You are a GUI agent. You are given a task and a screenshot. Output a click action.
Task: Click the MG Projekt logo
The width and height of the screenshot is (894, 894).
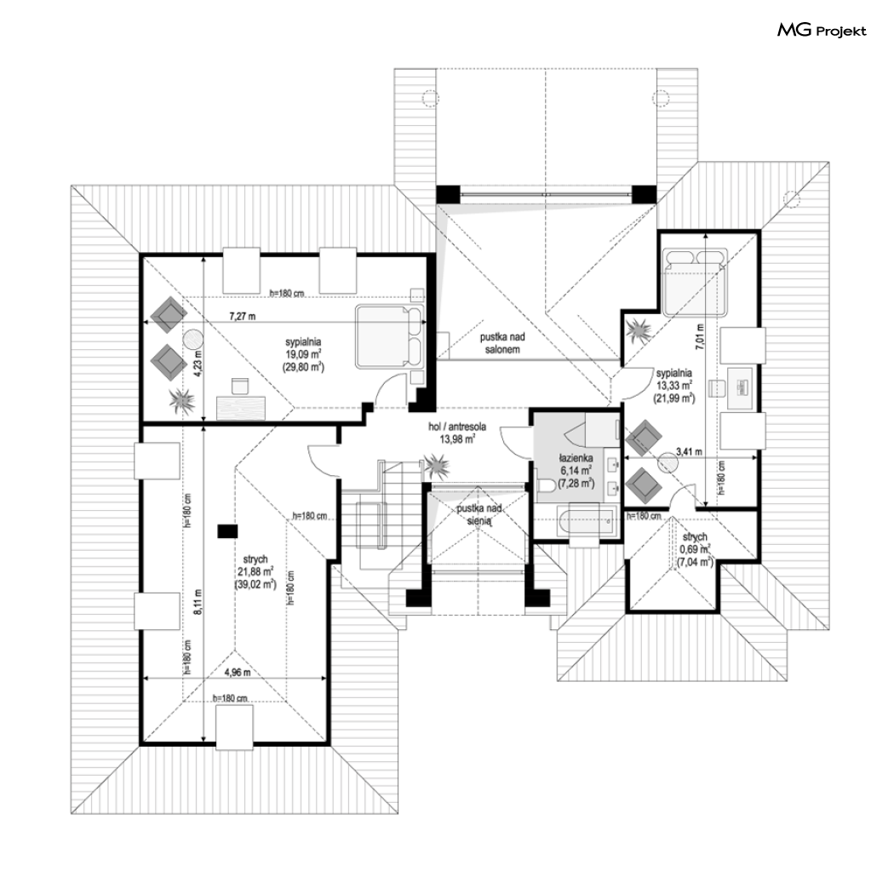tap(822, 30)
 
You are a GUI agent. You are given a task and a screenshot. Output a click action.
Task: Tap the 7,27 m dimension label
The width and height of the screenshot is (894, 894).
tap(243, 316)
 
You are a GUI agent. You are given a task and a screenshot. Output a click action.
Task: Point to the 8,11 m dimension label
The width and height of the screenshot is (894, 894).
tap(198, 600)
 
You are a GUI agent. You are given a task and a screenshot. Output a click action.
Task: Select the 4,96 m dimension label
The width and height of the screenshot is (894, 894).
tap(238, 673)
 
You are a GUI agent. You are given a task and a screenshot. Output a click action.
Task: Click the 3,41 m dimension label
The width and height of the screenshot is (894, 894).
tap(689, 452)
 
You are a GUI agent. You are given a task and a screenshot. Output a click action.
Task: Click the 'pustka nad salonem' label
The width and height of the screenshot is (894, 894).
tap(502, 344)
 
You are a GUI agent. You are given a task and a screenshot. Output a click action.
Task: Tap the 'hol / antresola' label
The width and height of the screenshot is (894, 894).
tap(457, 427)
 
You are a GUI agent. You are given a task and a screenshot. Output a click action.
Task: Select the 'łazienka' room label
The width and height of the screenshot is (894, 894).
tap(576, 458)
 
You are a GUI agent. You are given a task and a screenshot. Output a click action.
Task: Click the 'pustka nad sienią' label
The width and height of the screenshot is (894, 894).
tap(479, 513)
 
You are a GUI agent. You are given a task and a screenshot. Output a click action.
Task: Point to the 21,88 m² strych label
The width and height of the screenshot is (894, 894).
tap(255, 572)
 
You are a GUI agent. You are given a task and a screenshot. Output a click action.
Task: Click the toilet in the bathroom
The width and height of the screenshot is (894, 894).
tap(546, 486)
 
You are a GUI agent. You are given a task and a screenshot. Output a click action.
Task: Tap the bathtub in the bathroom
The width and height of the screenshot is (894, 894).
tap(587, 520)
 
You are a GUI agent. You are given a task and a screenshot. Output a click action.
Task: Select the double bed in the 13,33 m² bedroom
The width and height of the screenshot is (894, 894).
tap(695, 281)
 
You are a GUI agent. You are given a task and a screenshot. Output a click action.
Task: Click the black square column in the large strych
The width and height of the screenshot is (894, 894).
tap(227, 531)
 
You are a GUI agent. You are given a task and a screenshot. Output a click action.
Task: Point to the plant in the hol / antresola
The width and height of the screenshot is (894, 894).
tap(436, 465)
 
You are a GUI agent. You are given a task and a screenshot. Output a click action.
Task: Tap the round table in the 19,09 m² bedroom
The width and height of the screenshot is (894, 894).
tap(193, 341)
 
